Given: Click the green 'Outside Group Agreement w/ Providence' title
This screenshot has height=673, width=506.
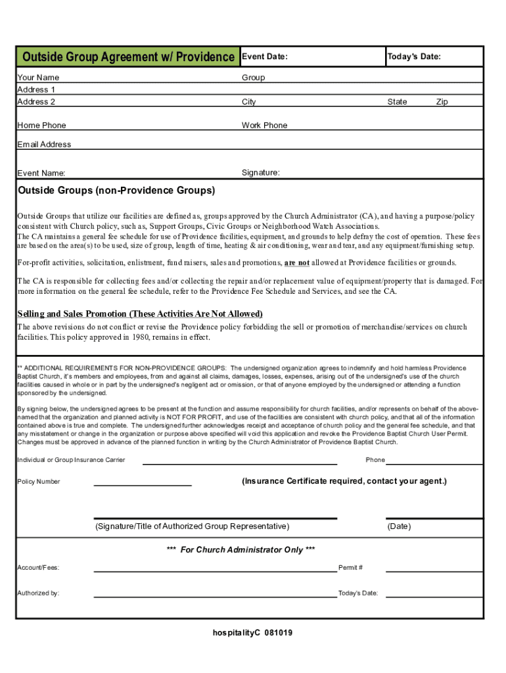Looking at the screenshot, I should coord(128,57).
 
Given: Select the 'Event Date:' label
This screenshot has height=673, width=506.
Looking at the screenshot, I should coord(265,57).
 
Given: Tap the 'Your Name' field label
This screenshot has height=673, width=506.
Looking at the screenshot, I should coord(38,78).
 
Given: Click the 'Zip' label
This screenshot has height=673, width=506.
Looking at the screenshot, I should coord(442,102).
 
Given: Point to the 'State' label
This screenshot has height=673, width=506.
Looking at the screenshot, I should coord(397,102).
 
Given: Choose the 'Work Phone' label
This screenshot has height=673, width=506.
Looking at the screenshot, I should coord(264,126).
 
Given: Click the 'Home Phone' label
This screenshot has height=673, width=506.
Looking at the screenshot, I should coord(41,126).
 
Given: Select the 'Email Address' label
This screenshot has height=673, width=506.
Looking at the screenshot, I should coord(44,145).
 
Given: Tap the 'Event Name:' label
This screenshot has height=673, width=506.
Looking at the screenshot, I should coord(41,174).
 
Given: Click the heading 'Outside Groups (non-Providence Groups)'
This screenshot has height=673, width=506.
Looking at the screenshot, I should coord(116,191).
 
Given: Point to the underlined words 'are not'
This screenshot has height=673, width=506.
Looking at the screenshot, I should coord(296,263).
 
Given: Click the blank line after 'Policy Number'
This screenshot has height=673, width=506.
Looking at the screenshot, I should coord(143,484).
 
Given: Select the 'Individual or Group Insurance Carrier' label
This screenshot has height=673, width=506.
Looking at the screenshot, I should coord(71,460).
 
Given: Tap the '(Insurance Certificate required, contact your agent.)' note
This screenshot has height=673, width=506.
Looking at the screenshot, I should coord(344,481).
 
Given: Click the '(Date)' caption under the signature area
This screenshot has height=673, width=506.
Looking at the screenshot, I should coord(399,526).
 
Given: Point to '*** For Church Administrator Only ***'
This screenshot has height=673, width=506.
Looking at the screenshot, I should coord(241,549).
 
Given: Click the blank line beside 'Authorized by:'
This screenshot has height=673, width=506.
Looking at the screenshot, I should coord(215,596).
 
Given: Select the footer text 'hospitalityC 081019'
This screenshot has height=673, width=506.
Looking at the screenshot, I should coord(252,633).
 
